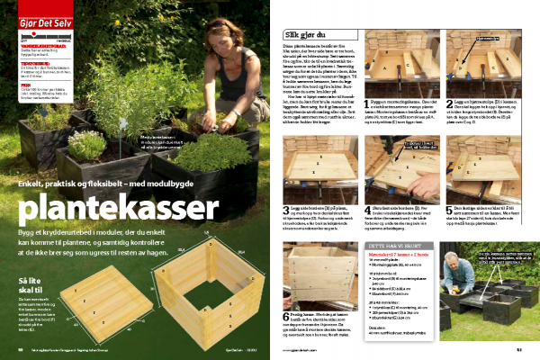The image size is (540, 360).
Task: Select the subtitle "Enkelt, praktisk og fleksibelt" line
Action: [135, 184]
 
